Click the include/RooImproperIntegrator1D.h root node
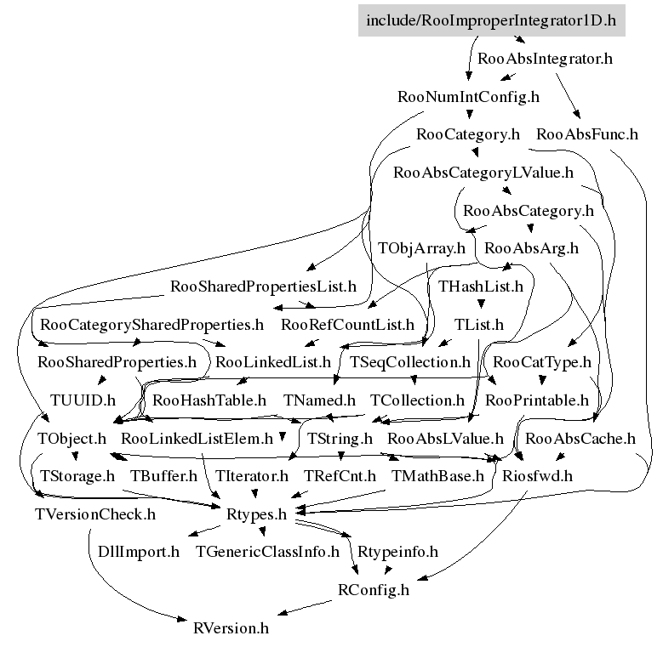tap(490, 20)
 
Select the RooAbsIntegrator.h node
tap(545, 60)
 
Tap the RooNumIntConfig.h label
tap(468, 97)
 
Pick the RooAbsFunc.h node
tap(587, 134)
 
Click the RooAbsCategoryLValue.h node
tap(483, 173)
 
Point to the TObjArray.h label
tap(422, 248)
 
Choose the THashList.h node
tap(481, 287)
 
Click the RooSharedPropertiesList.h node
tap(264, 287)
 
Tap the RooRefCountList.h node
tap(347, 325)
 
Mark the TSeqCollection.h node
tap(410, 362)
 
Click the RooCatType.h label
tap(542, 362)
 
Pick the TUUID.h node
tap(83, 400)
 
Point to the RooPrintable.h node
tap(536, 400)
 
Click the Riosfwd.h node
tap(538, 476)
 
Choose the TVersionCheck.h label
tap(94, 514)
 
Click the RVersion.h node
tap(231, 628)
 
